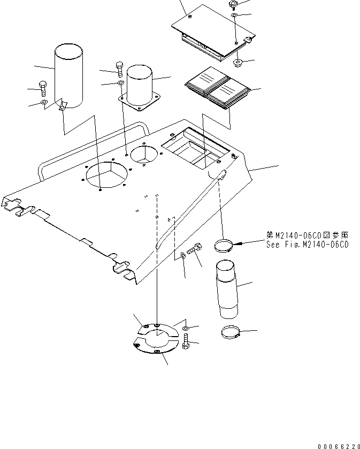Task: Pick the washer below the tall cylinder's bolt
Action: (44, 102)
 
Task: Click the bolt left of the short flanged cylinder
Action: (119, 69)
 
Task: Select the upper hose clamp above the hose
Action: (224, 246)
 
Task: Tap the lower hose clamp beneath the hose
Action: (230, 333)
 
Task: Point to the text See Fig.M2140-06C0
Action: (307, 245)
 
